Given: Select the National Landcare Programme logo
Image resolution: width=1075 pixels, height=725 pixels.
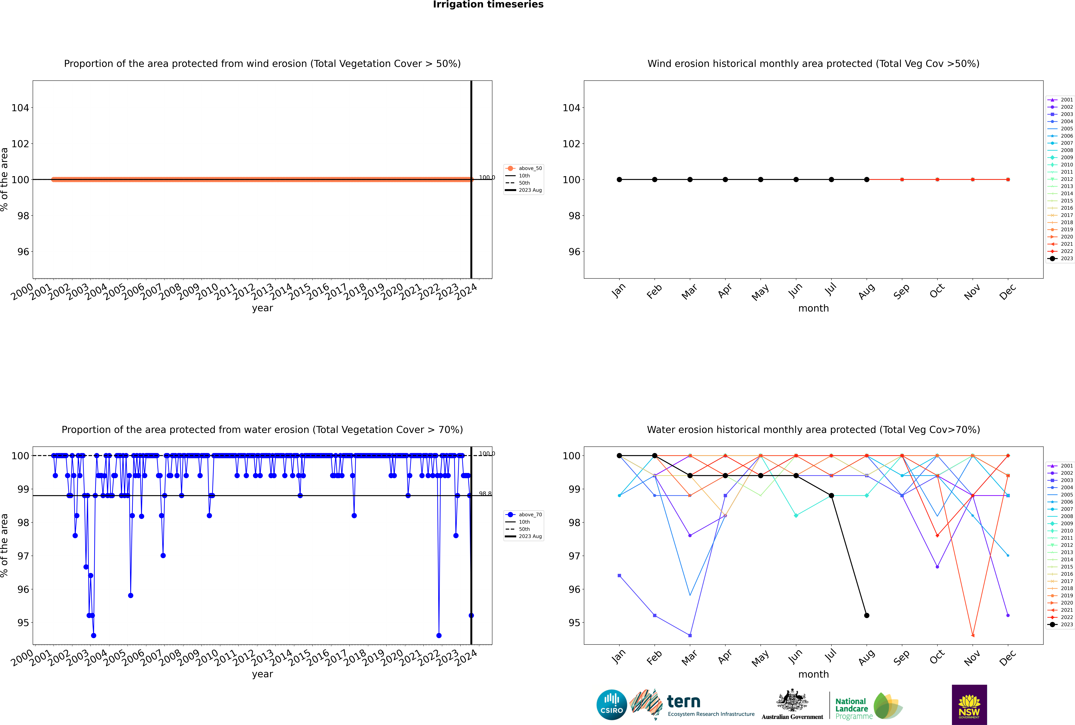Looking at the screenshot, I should (868, 706).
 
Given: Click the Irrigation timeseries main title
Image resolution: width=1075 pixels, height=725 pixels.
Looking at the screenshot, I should (488, 5).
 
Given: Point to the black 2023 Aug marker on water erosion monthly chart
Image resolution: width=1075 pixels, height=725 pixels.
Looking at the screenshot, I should (867, 615).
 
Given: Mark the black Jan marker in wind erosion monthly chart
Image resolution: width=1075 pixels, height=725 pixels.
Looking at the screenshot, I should (619, 179).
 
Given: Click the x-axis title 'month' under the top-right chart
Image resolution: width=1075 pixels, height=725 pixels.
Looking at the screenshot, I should (813, 308).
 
